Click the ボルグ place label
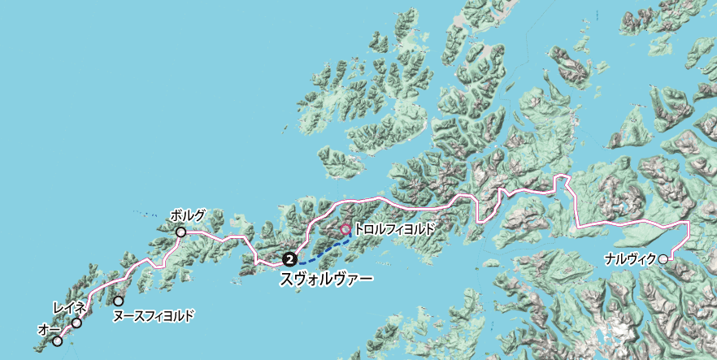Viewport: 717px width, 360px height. tap(188, 216)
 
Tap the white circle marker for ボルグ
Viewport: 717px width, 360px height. tap(180, 232)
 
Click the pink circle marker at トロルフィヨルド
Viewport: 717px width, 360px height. tap(345, 230)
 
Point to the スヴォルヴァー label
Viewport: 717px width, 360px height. tap(326, 279)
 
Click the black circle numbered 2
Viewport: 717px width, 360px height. tap(289, 259)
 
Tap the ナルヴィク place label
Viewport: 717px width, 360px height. tap(631, 259)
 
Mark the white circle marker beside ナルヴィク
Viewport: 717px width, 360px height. tap(663, 259)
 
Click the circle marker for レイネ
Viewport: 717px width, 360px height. tap(76, 323)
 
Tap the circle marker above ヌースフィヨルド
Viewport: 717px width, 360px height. tap(119, 301)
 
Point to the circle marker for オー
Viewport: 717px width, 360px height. tap(57, 341)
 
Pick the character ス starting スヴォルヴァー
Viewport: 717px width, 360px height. tap(287, 279)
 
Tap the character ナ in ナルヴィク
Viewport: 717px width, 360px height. tap(611, 259)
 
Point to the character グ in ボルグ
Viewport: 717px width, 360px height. tap(200, 216)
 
